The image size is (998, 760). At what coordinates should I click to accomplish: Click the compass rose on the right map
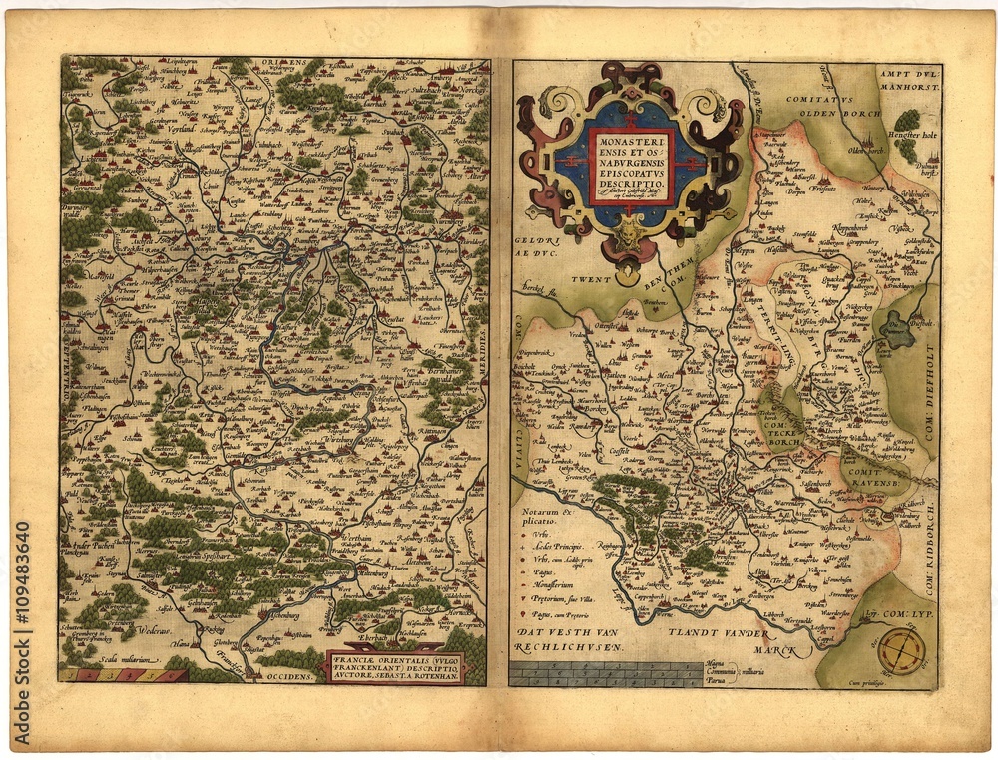901,652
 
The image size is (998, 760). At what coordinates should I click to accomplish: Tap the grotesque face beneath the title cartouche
629,236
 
